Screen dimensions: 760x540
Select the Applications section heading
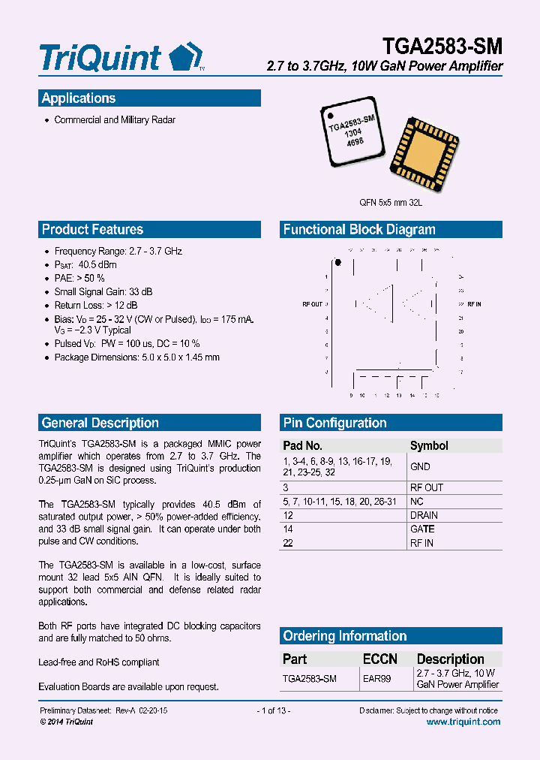(79, 98)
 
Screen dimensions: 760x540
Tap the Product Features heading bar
(92, 230)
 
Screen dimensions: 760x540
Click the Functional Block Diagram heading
(358, 230)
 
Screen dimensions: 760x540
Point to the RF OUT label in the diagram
(312, 304)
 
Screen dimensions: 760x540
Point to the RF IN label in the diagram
(474, 304)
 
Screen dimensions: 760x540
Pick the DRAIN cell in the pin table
(424, 515)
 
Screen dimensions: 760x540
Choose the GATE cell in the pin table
(422, 529)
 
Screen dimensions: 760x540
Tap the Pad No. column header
(302, 445)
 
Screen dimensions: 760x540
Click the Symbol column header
(429, 445)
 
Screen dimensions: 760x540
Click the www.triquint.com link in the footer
(463, 722)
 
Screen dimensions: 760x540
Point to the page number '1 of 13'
(273, 710)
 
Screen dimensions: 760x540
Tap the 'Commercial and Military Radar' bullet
(115, 120)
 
